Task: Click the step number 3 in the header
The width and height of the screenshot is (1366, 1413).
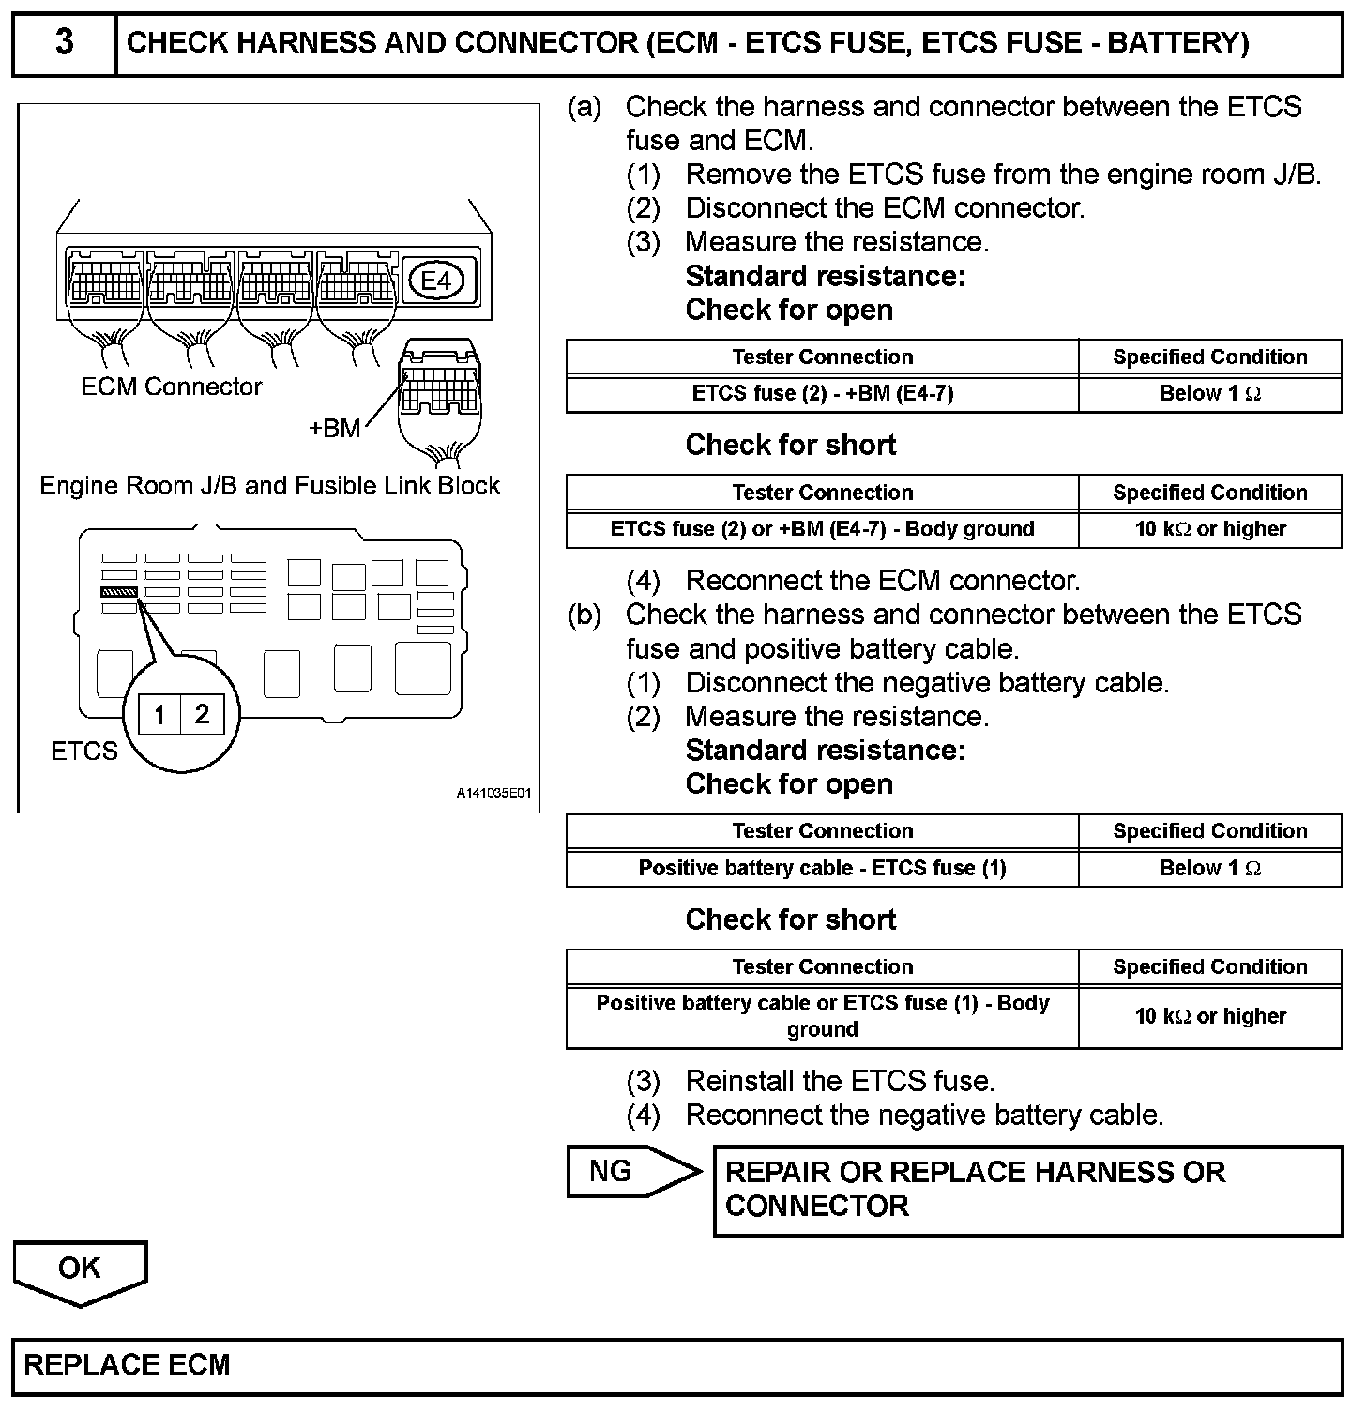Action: (64, 43)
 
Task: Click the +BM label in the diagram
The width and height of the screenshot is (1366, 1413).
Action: (335, 429)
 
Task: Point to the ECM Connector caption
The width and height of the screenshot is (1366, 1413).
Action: (172, 387)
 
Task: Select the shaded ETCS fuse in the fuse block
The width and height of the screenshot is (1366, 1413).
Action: (119, 592)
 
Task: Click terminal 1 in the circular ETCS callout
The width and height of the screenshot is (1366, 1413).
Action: (159, 716)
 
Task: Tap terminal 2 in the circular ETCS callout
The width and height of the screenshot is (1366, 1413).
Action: (202, 716)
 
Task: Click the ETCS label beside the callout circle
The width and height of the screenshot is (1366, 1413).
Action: (84, 752)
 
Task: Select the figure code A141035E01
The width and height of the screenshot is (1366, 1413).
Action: (493, 794)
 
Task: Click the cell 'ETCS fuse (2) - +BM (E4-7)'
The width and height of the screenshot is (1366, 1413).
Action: (822, 394)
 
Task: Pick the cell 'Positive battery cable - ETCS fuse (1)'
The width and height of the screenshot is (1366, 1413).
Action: (822, 868)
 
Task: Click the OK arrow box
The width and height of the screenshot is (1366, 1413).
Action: (80, 1269)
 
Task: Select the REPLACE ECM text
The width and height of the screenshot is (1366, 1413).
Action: (127, 1365)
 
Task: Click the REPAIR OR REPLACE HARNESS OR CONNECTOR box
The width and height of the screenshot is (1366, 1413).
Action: (1027, 1190)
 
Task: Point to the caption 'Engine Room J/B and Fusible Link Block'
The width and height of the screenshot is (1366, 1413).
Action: (270, 486)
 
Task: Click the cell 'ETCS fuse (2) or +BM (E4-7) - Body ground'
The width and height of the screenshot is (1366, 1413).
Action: (822, 529)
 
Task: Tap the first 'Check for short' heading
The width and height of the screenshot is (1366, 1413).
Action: (791, 445)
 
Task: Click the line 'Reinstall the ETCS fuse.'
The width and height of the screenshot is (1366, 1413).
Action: (840, 1082)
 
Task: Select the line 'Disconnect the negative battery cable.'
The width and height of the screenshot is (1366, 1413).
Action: (927, 683)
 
